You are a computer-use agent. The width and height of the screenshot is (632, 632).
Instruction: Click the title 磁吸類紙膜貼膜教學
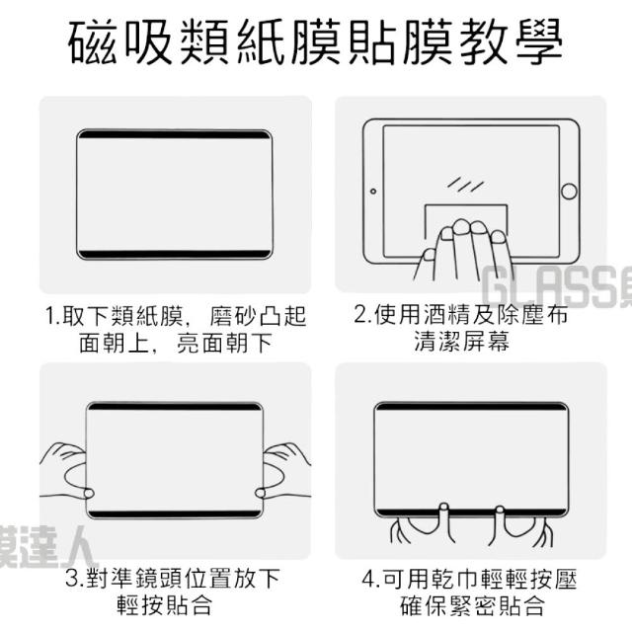[315, 42]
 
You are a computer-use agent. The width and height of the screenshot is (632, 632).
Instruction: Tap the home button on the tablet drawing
[569, 191]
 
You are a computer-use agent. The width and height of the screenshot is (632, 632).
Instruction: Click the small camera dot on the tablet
[373, 191]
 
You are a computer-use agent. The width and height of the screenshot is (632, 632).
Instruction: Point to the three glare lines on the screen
[465, 185]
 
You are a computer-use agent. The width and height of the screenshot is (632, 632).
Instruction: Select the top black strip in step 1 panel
[175, 134]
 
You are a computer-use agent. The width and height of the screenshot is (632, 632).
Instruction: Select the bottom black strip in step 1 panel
[175, 255]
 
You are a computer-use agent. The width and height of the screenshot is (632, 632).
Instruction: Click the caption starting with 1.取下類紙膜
[176, 329]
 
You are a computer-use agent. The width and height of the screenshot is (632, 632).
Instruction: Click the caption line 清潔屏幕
[462, 341]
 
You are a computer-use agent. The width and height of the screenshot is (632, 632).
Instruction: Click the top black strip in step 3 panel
[175, 407]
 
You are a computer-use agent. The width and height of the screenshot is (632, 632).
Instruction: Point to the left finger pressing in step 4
[443, 512]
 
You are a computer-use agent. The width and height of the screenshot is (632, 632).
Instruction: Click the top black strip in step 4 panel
[471, 407]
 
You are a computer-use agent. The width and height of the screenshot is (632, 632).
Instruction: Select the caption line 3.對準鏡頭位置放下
[173, 578]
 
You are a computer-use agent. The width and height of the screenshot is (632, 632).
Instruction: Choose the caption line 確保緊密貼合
[472, 605]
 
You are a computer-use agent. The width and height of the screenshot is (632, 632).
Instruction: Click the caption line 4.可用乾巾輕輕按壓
[470, 579]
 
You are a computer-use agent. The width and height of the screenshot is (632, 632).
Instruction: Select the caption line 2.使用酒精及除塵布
[461, 314]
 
